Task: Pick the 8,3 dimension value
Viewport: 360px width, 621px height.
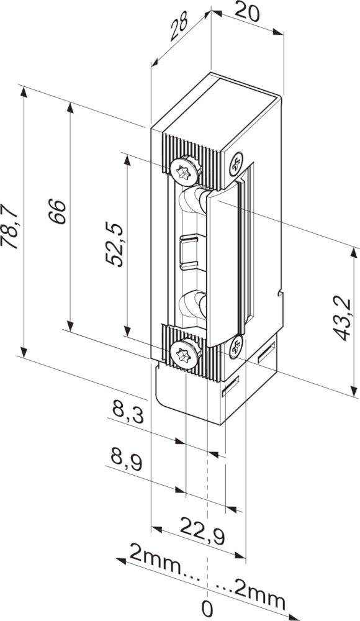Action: point(128,411)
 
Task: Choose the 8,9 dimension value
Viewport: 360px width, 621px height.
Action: point(128,460)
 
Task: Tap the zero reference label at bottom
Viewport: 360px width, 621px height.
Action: point(207,607)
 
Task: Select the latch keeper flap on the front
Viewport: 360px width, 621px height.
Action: point(223,267)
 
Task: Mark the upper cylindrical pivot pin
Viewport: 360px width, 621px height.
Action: point(192,202)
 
